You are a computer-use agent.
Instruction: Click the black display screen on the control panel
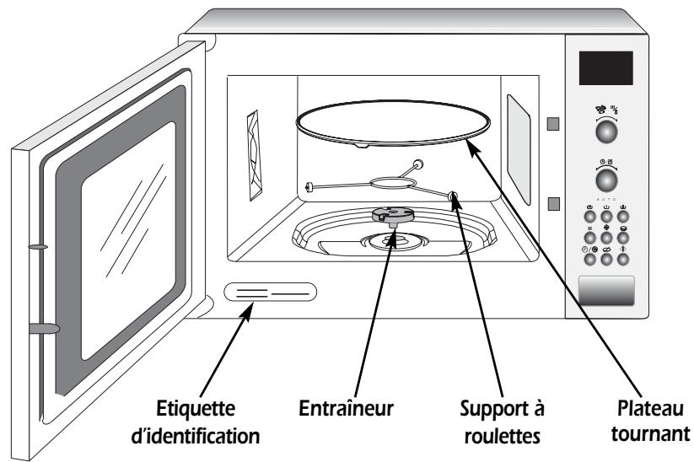coord(605,68)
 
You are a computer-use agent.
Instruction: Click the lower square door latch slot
coord(551,203)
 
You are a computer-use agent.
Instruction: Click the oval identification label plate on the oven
coord(270,293)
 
